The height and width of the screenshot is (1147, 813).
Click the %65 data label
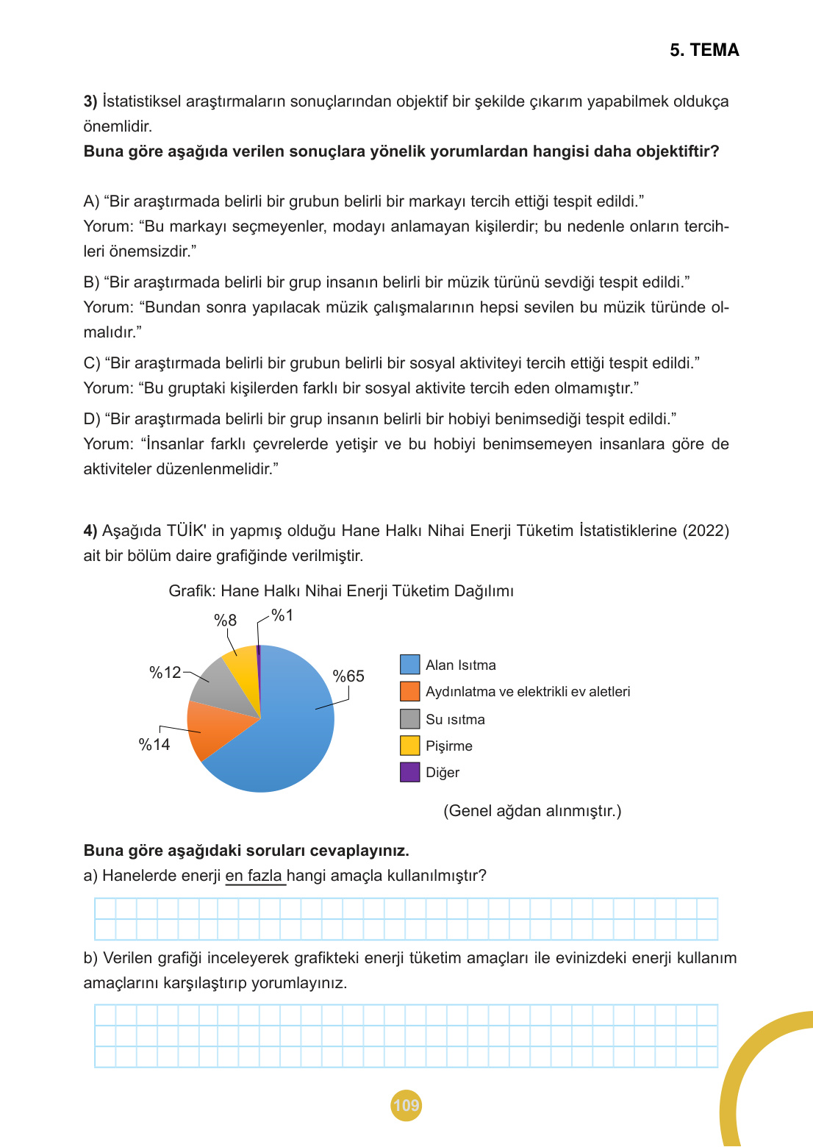348,676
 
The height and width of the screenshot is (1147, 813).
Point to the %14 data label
154,745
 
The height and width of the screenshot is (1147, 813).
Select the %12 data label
165,673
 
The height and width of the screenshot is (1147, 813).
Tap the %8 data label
225,621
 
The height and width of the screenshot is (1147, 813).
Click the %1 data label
282,615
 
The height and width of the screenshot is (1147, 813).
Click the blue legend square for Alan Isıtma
409,665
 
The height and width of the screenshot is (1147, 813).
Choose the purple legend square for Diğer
409,772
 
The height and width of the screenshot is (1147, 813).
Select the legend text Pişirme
448,746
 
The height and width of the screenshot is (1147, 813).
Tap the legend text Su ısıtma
455,720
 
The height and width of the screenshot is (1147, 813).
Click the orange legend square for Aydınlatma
409,691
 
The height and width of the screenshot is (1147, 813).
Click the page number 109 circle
406,1105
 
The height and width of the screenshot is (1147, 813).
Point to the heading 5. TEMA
704,50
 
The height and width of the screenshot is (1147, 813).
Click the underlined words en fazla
254,876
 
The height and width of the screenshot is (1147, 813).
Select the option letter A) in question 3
91,201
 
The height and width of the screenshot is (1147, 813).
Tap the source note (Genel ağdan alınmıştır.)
532,811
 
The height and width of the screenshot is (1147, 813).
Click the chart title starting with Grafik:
341,591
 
